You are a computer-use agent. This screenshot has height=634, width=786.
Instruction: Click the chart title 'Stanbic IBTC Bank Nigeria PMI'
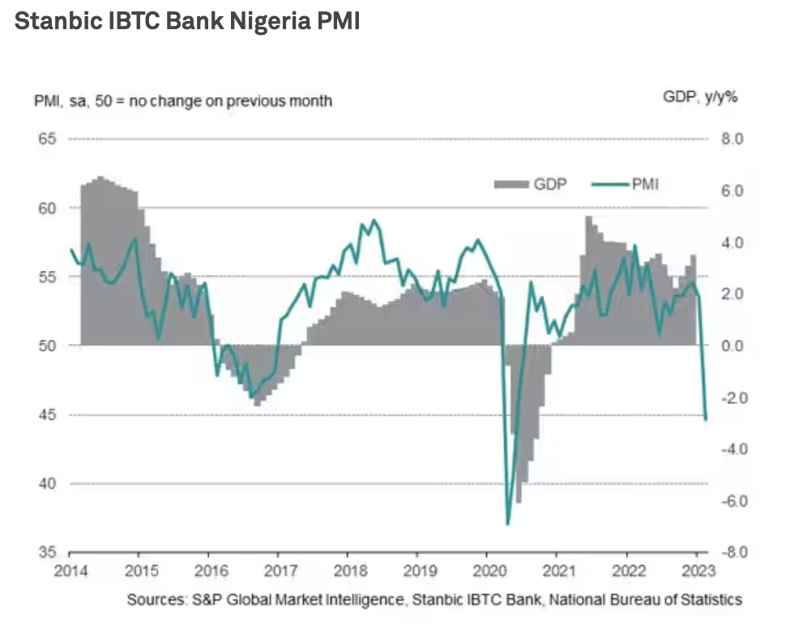187,22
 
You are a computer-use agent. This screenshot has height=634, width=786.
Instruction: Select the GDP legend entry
532,184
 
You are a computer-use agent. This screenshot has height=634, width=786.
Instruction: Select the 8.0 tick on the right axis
732,139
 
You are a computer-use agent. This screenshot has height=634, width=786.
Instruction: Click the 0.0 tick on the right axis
732,346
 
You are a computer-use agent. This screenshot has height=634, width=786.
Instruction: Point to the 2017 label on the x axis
278,570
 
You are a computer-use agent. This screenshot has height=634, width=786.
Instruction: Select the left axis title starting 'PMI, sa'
183,101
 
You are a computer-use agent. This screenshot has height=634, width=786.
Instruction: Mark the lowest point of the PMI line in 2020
507,524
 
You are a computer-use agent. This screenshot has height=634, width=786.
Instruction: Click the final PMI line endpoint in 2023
706,419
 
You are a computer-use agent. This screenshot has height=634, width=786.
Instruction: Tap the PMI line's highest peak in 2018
373,220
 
